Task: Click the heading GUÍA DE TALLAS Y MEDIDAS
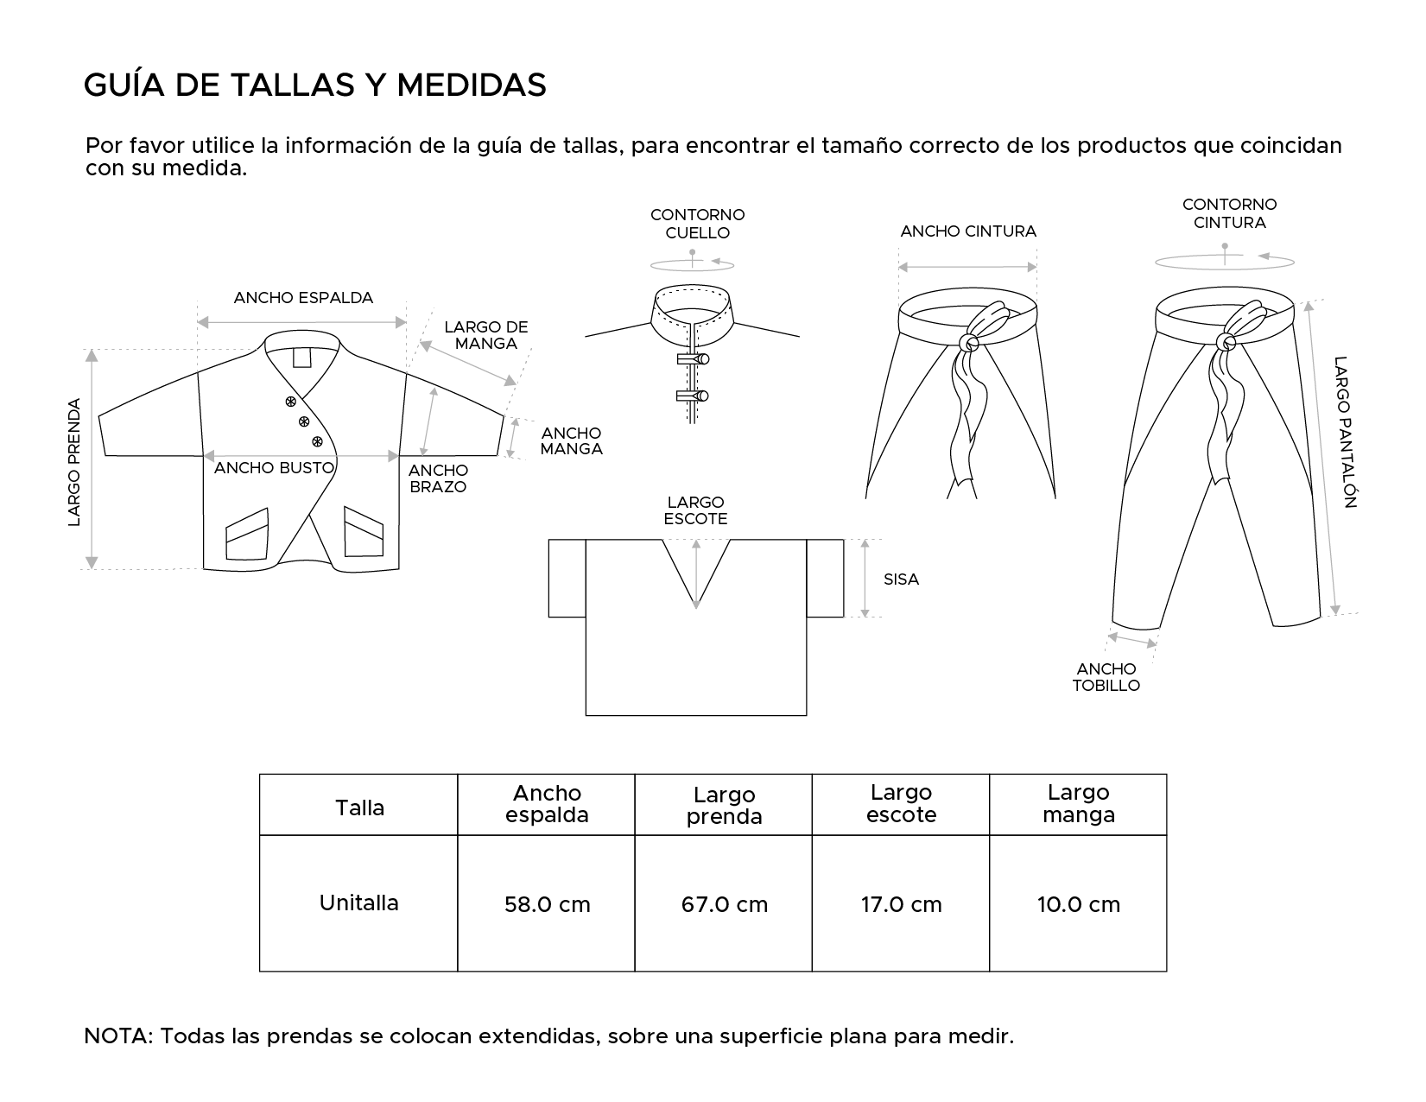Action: click(315, 85)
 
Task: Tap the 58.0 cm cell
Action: click(548, 904)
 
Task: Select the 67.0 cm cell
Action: click(725, 904)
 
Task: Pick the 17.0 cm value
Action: click(902, 904)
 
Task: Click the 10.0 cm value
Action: click(1079, 904)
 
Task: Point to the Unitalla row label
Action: click(359, 903)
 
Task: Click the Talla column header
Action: click(359, 808)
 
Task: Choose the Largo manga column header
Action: click(1079, 803)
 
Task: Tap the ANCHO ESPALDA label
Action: click(303, 298)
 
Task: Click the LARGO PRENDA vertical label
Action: click(74, 462)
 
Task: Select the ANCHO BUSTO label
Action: click(274, 468)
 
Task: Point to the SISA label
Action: click(901, 579)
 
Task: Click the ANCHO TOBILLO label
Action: click(1106, 677)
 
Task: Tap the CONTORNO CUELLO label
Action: click(698, 224)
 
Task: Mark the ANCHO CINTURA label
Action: click(968, 231)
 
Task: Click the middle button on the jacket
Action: click(304, 421)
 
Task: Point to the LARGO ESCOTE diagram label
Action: click(696, 510)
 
